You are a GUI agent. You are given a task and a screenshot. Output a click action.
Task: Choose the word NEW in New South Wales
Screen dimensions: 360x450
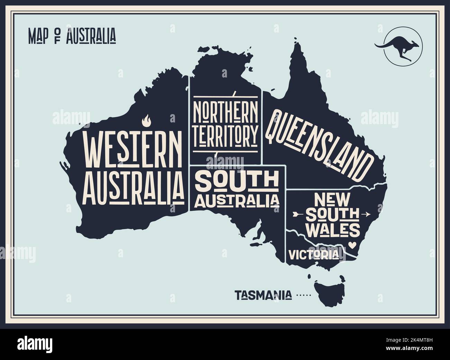point(332,200)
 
